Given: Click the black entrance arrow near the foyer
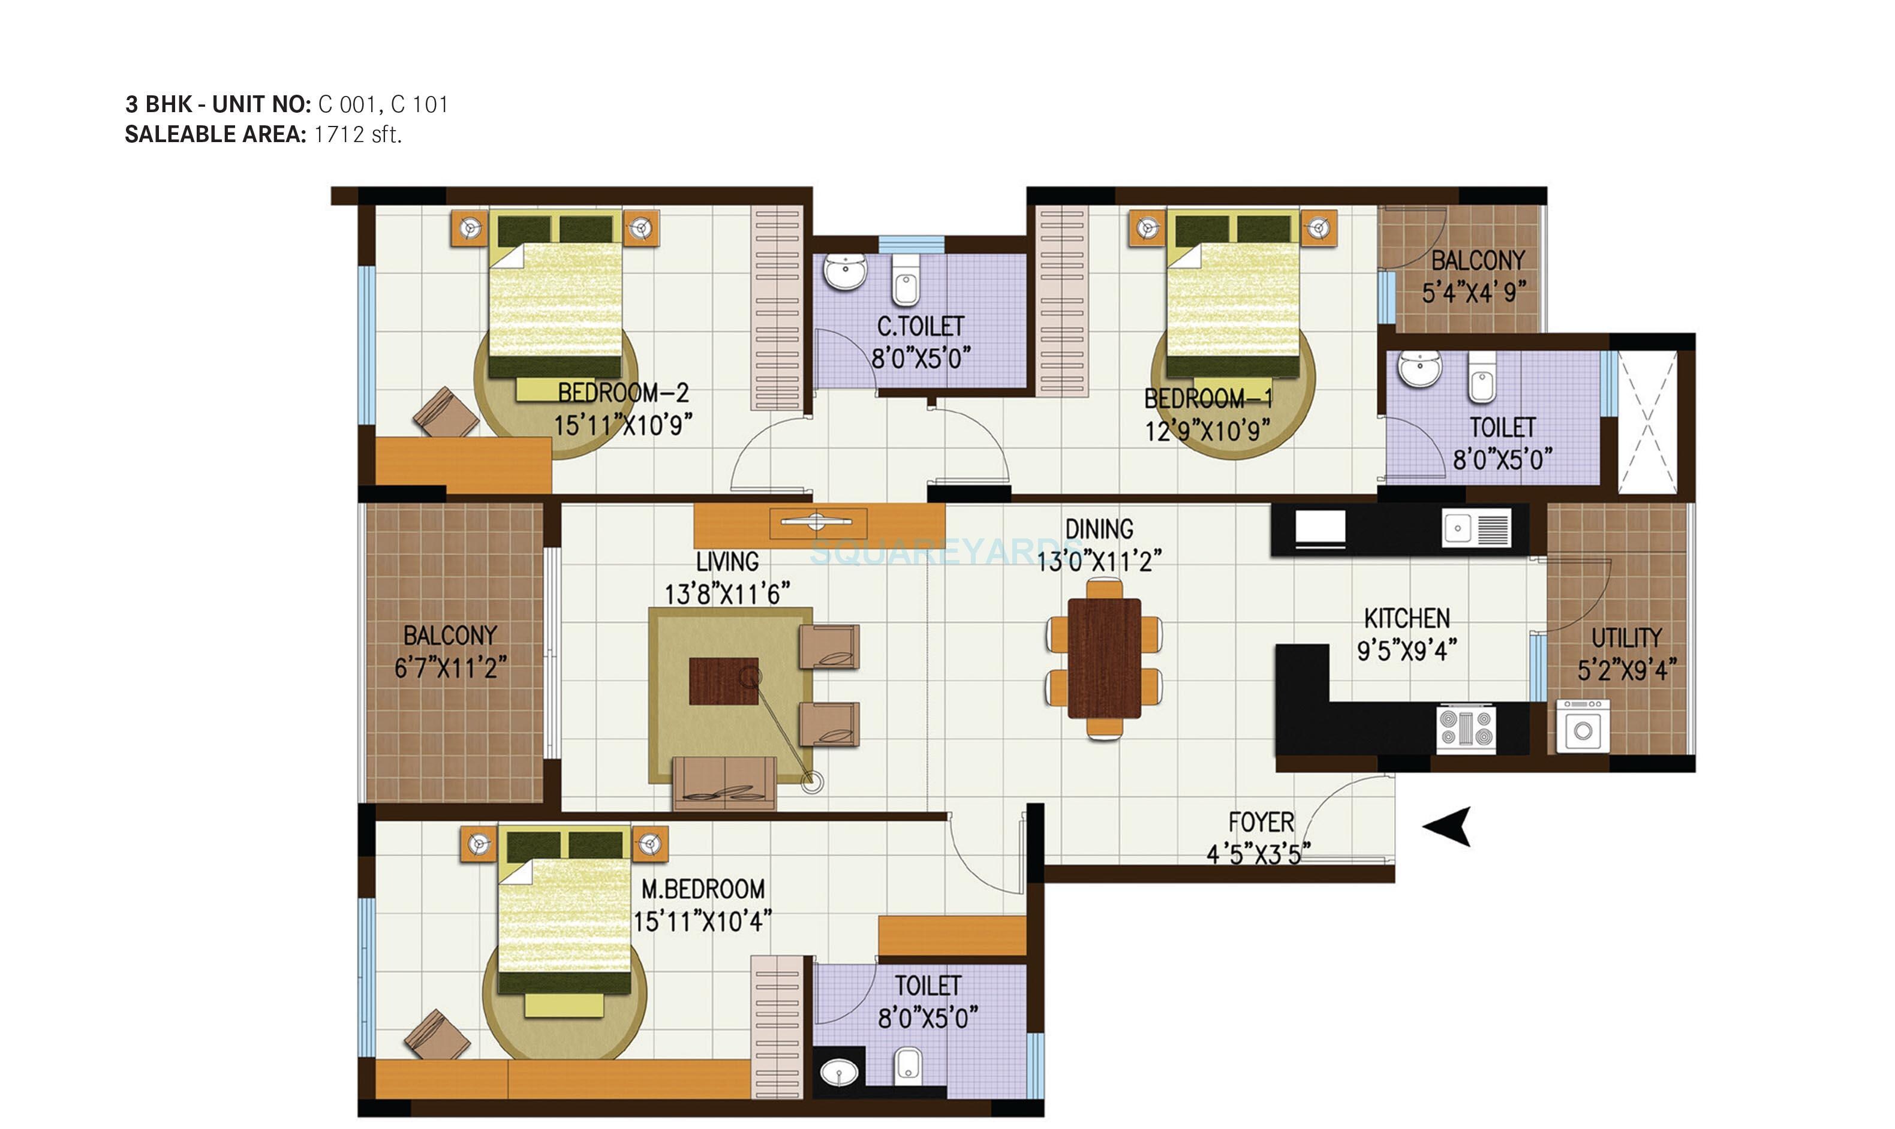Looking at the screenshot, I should click(x=1448, y=826).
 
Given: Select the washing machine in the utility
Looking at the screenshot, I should click(x=1583, y=728).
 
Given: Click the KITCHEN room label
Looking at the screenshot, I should click(x=1407, y=618).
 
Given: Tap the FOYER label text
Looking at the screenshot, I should click(x=1261, y=821).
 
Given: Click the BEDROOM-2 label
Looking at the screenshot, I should click(x=623, y=393).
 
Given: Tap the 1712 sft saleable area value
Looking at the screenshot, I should click(x=357, y=135).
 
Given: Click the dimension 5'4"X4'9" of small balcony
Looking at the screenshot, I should click(x=1474, y=292).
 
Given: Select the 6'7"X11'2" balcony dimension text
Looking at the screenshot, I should click(x=450, y=668).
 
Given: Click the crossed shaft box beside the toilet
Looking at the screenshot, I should click(x=1647, y=422).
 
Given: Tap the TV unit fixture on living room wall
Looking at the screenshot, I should click(x=819, y=524).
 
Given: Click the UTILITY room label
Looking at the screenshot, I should click(x=1626, y=637).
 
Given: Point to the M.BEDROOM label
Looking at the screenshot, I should click(x=703, y=889).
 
